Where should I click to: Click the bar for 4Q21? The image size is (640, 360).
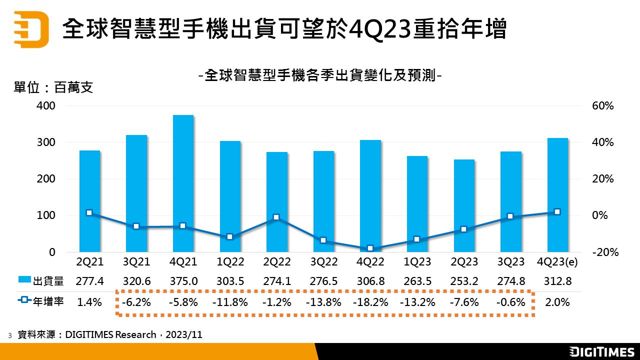tap(183, 183)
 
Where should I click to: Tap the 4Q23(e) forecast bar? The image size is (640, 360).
tap(557, 195)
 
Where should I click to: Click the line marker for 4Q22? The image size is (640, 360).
tap(370, 248)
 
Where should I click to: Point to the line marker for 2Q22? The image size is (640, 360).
tap(276, 217)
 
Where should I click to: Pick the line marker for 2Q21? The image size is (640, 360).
tap(89, 213)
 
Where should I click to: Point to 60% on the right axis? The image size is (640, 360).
tap(602, 106)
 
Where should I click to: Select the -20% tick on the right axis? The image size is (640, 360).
tap(605, 252)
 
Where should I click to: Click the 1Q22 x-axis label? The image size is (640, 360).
tap(230, 262)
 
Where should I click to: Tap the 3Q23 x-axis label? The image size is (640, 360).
tap(510, 262)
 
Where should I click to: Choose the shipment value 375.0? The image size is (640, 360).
tap(183, 281)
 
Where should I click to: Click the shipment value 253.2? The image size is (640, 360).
tap(464, 281)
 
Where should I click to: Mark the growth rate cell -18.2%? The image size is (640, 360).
tap(370, 302)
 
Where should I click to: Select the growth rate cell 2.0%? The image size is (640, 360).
tap(557, 302)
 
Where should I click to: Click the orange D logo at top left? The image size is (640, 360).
tap(31, 29)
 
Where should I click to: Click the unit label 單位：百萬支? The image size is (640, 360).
tap(53, 88)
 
